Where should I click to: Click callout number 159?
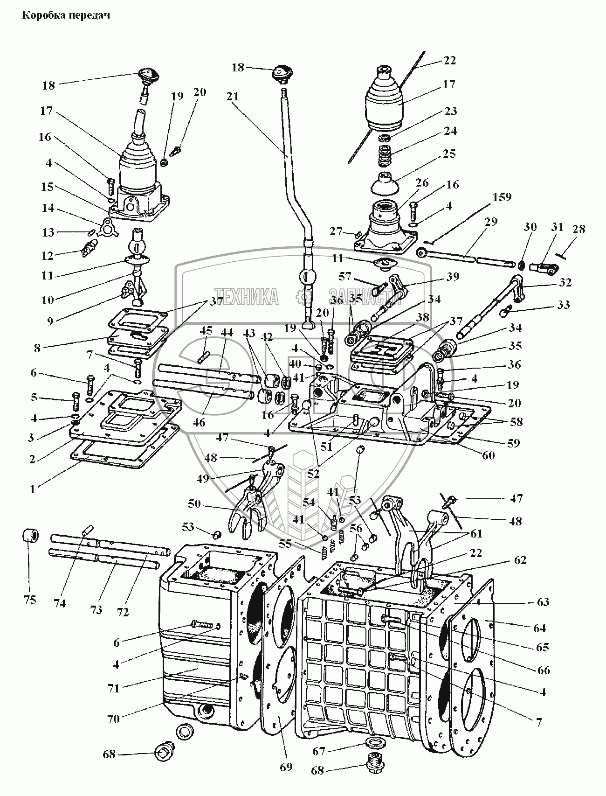(501, 197)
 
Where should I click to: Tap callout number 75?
(29, 600)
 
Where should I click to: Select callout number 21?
(233, 96)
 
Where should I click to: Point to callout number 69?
(286, 767)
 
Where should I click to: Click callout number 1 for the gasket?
(33, 489)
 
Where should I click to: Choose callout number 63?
(543, 602)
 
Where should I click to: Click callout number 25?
(450, 154)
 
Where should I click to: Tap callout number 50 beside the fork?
(195, 503)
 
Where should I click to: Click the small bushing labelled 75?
(30, 536)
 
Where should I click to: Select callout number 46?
(199, 423)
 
